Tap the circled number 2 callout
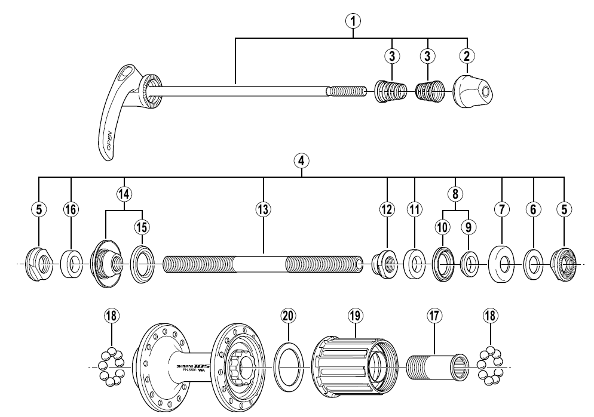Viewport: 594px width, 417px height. [x=467, y=56]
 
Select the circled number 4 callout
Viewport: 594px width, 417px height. [x=302, y=160]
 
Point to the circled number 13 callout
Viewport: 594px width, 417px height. [x=263, y=209]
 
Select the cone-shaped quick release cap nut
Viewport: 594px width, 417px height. [x=472, y=91]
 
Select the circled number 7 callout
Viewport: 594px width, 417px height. [x=501, y=209]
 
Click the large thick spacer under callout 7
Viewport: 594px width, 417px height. [x=501, y=262]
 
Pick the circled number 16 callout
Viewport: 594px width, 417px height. [x=71, y=209]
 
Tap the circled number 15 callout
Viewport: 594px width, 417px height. [x=142, y=227]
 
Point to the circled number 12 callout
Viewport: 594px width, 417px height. [x=387, y=209]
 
